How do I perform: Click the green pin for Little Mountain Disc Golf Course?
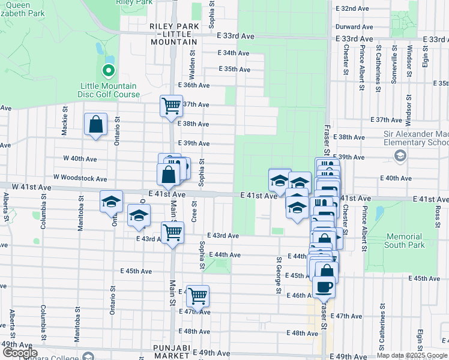pyautogui.click(x=108, y=71)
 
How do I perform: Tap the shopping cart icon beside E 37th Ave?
pyautogui.click(x=171, y=106)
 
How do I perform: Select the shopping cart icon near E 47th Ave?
pyautogui.click(x=197, y=295)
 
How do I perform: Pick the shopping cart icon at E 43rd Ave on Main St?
pyautogui.click(x=172, y=232)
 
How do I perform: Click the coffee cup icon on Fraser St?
pyautogui.click(x=325, y=286)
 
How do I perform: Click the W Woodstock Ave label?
pyautogui.click(x=80, y=178)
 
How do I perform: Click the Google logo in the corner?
pyautogui.click(x=19, y=353)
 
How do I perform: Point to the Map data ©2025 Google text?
pyautogui.click(x=411, y=355)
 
